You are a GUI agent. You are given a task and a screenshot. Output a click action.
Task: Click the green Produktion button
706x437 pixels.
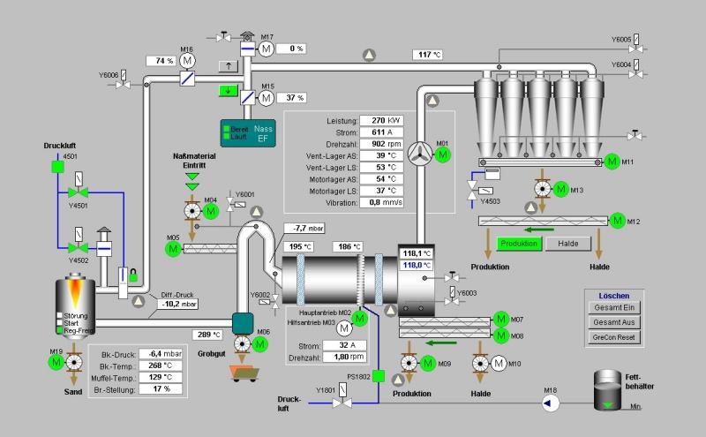point(519,244)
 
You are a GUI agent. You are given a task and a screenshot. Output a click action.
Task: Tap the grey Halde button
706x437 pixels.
point(567,244)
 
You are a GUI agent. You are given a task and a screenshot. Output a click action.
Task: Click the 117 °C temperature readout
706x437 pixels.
point(427,55)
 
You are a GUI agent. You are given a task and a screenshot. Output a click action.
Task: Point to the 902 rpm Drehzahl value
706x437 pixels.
point(386,145)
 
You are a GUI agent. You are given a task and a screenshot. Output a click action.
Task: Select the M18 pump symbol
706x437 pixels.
point(549,403)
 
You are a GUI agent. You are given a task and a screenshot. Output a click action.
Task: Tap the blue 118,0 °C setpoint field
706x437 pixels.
point(417,264)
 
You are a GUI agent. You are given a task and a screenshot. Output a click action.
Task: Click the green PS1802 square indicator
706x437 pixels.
point(378,378)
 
